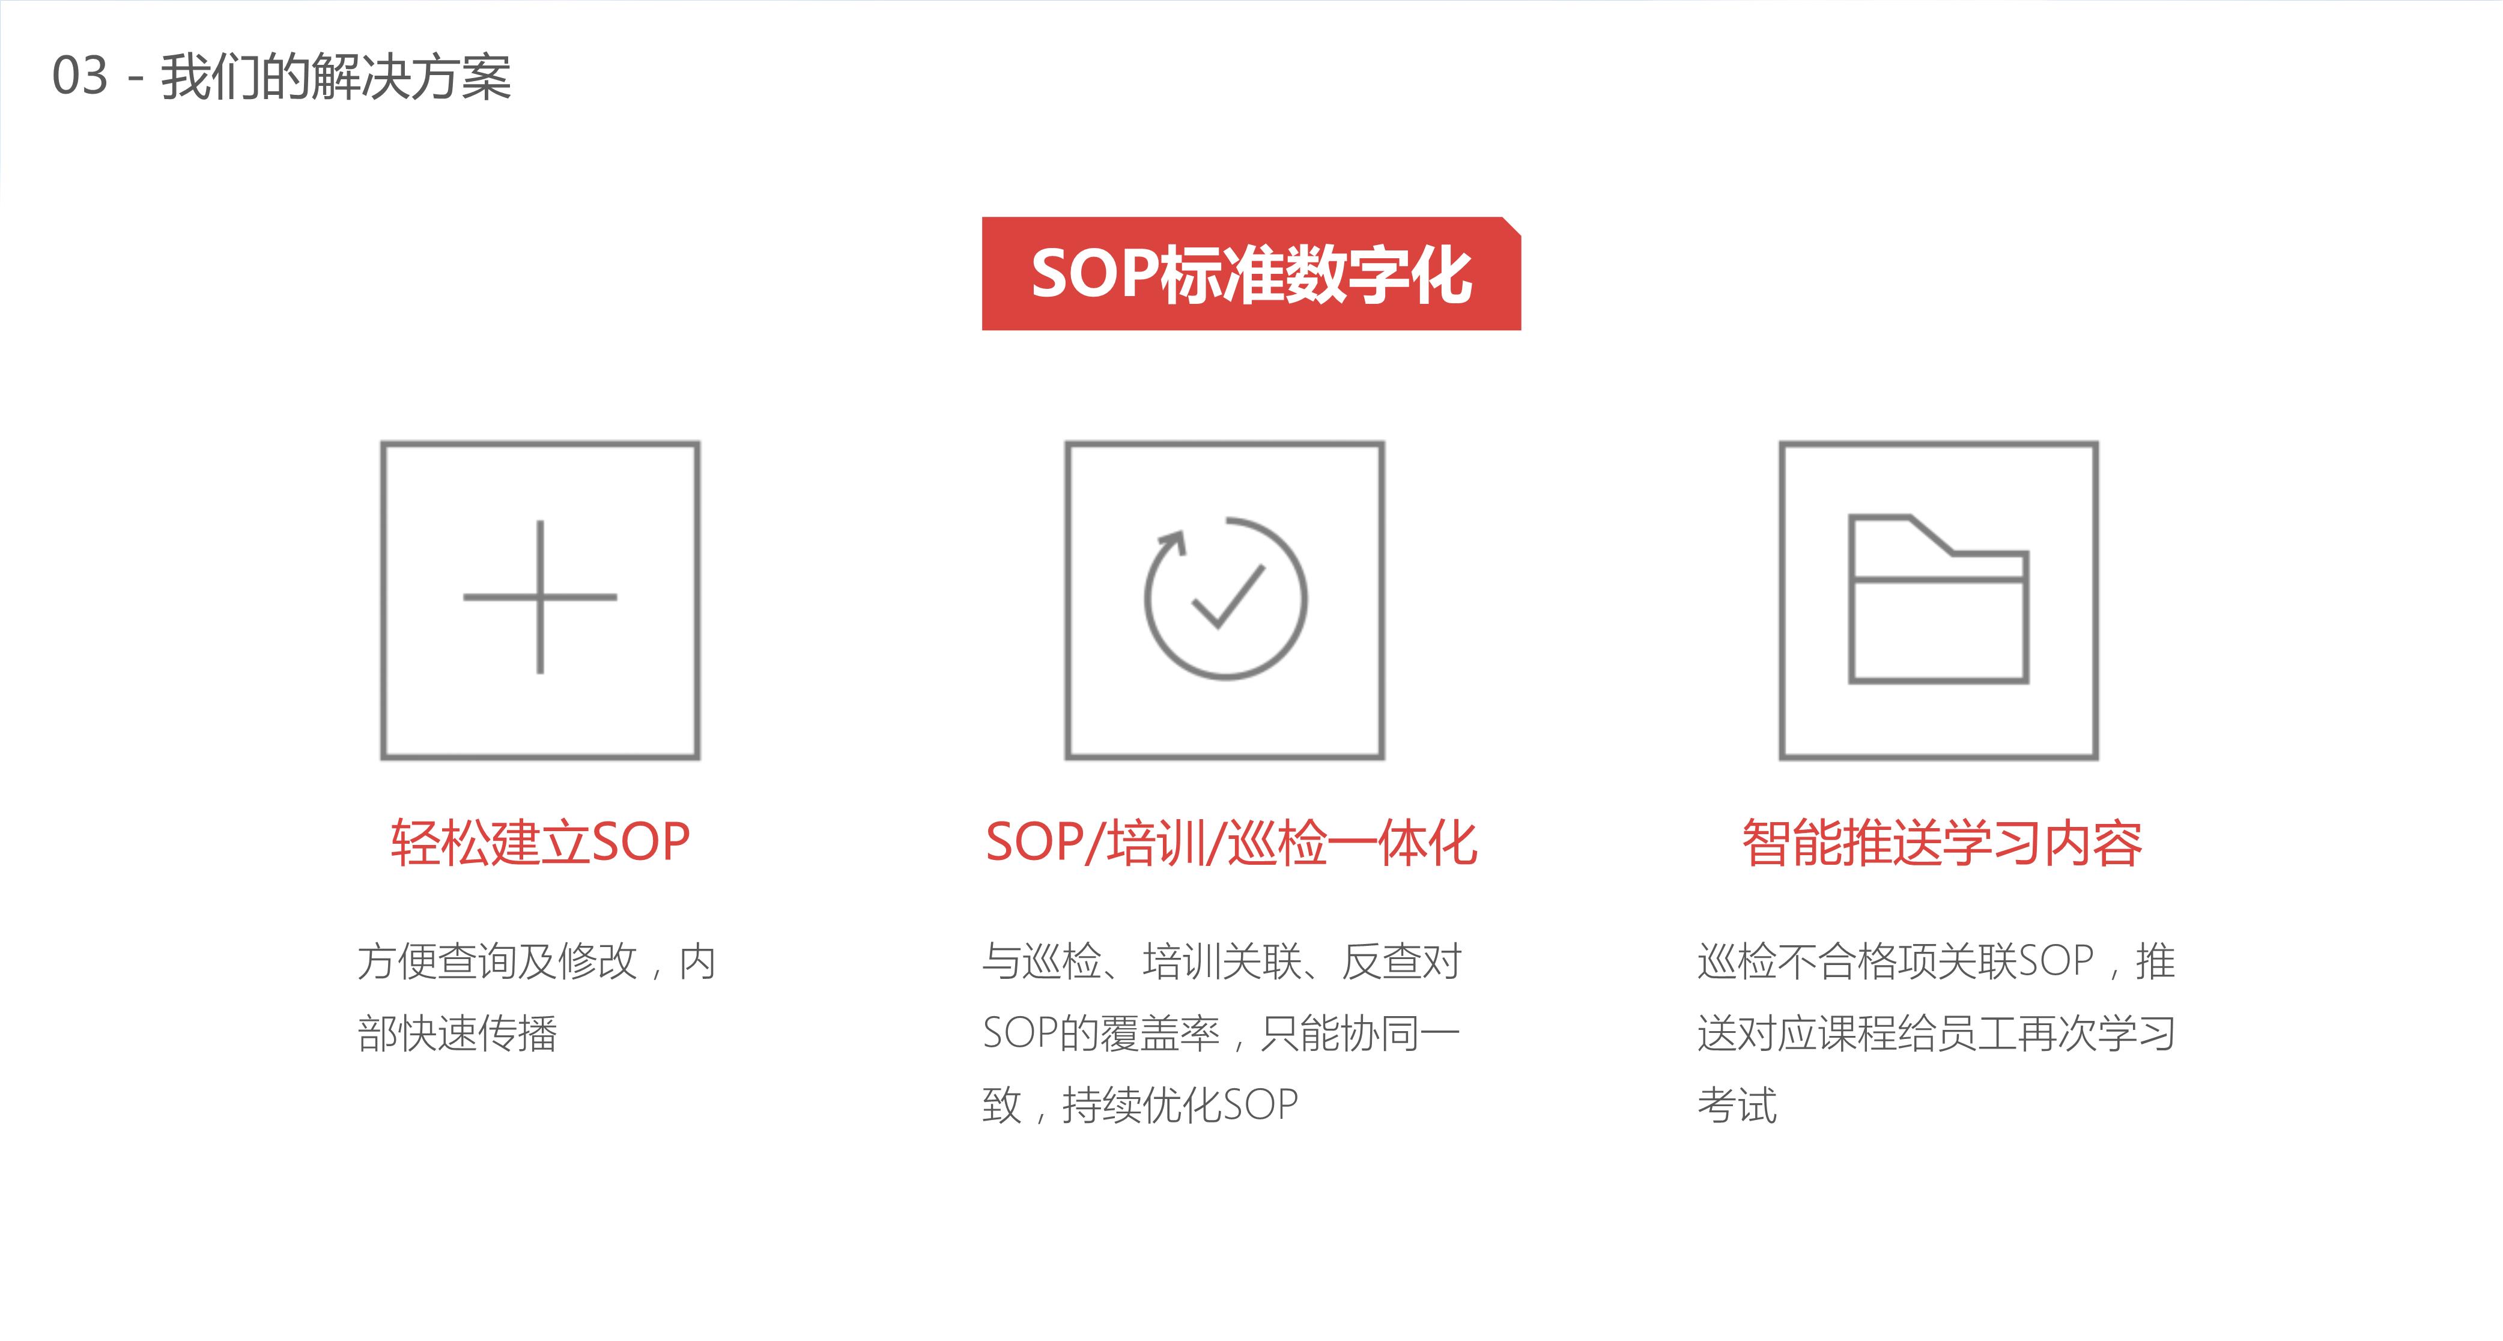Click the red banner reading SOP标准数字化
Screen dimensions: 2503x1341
pyautogui.click(x=1252, y=273)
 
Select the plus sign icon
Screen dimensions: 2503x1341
pyautogui.click(x=540, y=597)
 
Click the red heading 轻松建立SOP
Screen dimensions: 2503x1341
pyautogui.click(x=540, y=841)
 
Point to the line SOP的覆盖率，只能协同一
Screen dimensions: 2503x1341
pyautogui.click(x=1221, y=1033)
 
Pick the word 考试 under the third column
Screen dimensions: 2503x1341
pyautogui.click(x=1737, y=1105)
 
